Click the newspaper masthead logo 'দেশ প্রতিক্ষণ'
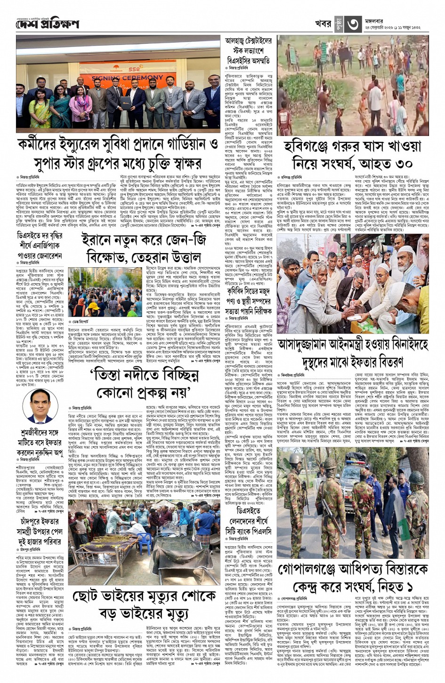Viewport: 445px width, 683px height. (x=47, y=24)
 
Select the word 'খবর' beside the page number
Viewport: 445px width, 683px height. (x=323, y=24)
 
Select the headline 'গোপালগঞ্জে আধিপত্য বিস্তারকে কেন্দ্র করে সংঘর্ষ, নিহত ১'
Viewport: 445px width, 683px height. (x=352, y=578)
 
